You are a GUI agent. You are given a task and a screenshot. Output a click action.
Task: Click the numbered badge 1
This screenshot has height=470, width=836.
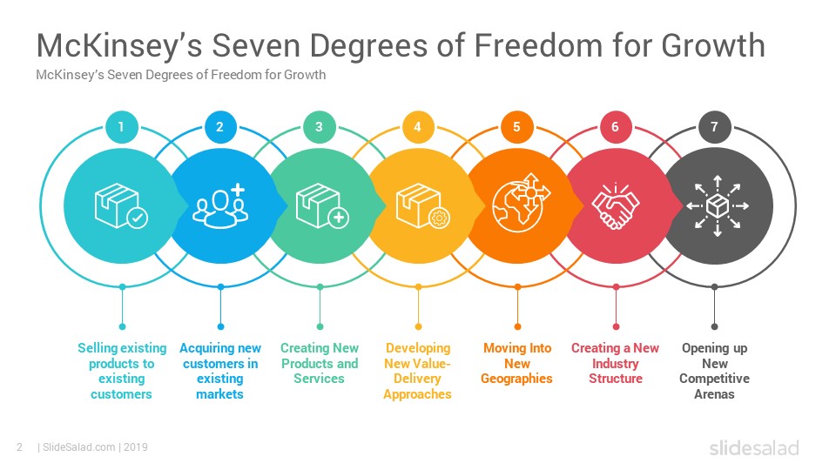[x=122, y=127]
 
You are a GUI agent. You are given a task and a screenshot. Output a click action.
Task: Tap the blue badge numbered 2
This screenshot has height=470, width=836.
[x=220, y=127]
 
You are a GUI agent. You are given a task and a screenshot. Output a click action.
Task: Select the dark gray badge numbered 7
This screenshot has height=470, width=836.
[x=714, y=127]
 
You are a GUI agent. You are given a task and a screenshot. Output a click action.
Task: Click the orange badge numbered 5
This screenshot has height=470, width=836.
[x=516, y=127]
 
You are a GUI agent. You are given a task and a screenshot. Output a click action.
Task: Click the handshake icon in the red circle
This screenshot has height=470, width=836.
[x=616, y=205]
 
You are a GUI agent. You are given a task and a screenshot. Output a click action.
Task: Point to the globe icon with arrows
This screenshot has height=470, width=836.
[x=521, y=203]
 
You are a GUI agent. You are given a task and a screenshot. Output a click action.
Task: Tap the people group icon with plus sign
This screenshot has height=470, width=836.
[x=219, y=205]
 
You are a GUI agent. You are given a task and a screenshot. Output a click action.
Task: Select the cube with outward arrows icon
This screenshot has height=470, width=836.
[x=717, y=205]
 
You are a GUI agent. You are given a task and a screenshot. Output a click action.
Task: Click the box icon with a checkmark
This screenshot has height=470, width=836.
[x=121, y=205]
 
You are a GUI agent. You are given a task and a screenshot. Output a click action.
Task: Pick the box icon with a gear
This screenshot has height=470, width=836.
[x=423, y=205]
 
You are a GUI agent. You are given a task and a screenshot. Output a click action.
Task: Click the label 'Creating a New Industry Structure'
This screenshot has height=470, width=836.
[x=616, y=364]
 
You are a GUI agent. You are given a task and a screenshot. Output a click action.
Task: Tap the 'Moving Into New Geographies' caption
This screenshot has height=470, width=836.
[x=516, y=364]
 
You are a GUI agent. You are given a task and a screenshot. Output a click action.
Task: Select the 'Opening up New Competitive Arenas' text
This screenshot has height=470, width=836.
[x=714, y=371]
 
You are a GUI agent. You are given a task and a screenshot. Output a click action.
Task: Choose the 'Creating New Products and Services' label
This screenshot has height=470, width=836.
[x=320, y=364]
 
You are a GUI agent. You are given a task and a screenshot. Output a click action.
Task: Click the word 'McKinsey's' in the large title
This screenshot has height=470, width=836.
[x=119, y=45]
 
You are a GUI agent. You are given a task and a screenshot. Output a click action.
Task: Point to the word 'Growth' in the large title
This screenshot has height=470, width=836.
[x=713, y=45]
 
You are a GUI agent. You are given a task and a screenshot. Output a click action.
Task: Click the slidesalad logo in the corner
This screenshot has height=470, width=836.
[x=754, y=447]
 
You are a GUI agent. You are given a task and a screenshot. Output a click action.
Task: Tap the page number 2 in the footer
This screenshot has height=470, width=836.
[x=20, y=447]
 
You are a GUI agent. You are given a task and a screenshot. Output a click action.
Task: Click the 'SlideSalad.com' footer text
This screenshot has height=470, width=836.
[x=78, y=447]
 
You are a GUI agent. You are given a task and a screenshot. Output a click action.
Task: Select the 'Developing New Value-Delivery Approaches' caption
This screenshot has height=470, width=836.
[x=417, y=371]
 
